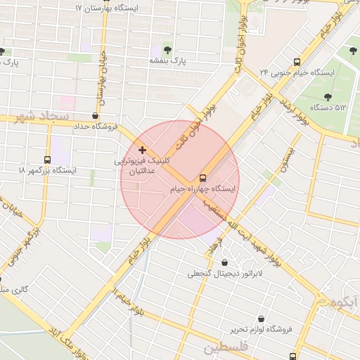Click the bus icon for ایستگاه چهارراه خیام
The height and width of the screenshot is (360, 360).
click(x=203, y=178)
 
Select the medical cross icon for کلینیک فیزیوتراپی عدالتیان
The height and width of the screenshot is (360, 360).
click(x=143, y=150)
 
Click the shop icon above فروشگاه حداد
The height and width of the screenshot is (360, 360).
click(x=96, y=115)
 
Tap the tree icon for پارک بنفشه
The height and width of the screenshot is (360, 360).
click(x=167, y=49)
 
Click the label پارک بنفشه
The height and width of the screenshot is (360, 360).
click(x=167, y=61)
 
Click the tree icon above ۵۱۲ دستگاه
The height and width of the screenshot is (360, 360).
click(x=328, y=96)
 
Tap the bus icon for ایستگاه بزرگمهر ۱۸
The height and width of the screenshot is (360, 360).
click(x=47, y=160)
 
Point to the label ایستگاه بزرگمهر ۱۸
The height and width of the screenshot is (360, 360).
click(x=47, y=171)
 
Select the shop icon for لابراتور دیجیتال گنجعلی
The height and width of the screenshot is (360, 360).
click(x=224, y=262)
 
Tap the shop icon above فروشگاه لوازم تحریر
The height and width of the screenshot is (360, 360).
click(x=262, y=319)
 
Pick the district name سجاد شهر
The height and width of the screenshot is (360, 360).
click(x=44, y=115)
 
